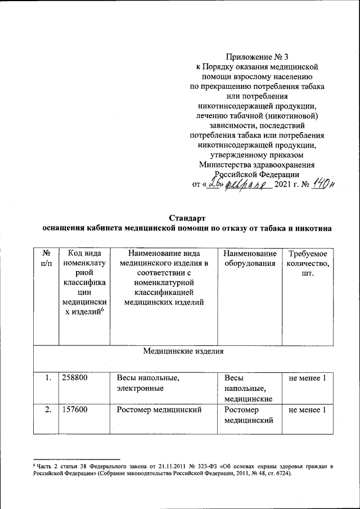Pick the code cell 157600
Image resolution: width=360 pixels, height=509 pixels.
click(75, 410)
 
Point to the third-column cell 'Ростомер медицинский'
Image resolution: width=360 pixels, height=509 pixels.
click(159, 410)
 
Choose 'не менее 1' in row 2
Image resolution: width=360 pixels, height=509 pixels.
click(307, 410)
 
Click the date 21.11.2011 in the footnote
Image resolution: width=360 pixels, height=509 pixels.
click(161, 467)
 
